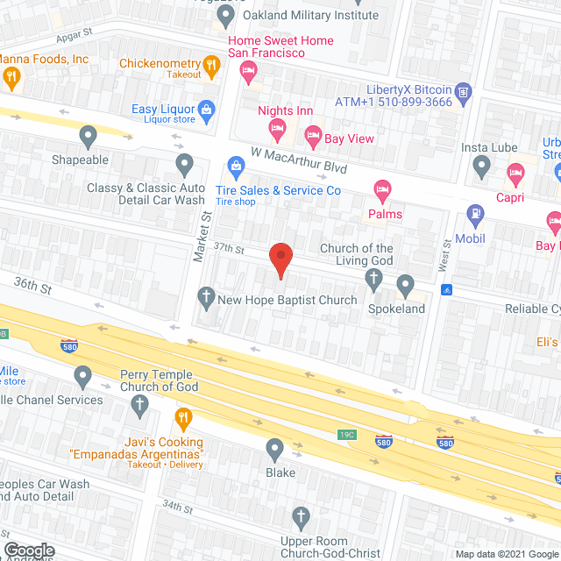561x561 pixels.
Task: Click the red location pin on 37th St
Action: tap(280, 260)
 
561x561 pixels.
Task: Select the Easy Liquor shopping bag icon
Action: tap(206, 110)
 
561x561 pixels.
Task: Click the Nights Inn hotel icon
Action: tap(278, 130)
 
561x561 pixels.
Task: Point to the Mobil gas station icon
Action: tap(476, 212)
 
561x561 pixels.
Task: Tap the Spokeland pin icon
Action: tap(405, 284)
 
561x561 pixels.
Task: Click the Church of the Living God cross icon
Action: tap(373, 280)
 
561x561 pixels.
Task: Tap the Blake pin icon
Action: tap(275, 450)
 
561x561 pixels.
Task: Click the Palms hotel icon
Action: tap(381, 189)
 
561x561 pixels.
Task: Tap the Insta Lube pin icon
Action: tap(481, 164)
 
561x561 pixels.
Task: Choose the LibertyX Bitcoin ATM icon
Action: tap(464, 90)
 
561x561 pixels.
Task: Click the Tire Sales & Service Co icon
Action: tap(235, 166)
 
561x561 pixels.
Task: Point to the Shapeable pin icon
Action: tap(88, 136)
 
